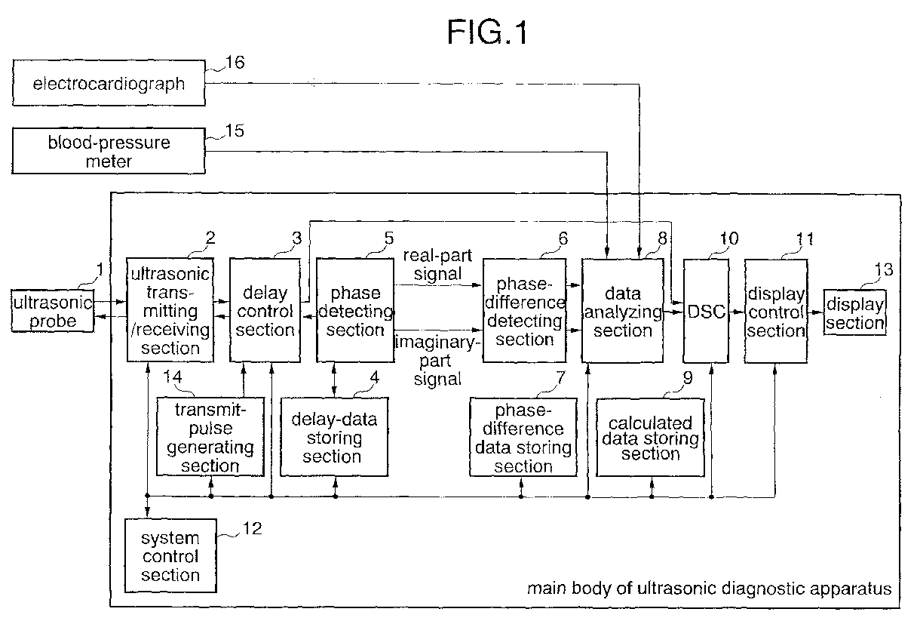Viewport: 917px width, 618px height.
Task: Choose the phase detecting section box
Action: (x=354, y=310)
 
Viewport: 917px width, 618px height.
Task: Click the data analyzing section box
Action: (x=622, y=310)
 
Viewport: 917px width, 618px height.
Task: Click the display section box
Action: (x=854, y=313)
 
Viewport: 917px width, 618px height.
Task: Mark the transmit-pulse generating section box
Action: (x=210, y=437)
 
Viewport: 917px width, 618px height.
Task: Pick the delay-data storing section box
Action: (x=332, y=437)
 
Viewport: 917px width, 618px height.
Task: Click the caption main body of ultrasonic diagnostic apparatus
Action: (x=710, y=588)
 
